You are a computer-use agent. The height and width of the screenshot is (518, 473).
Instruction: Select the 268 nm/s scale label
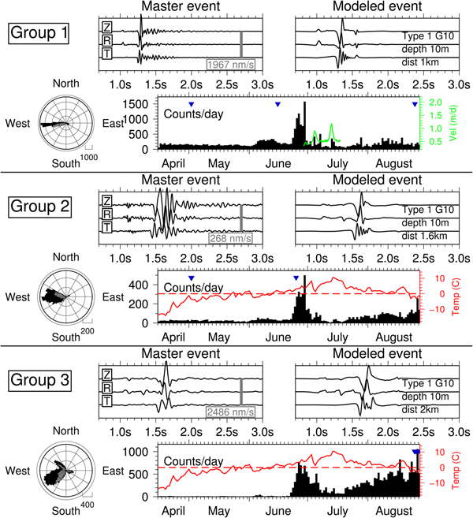tap(229, 238)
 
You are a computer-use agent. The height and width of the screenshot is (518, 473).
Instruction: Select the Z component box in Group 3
tap(106, 374)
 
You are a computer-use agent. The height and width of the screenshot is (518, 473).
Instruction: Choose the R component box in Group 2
tap(106, 214)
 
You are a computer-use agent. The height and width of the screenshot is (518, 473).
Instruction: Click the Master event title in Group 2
tap(177, 180)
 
